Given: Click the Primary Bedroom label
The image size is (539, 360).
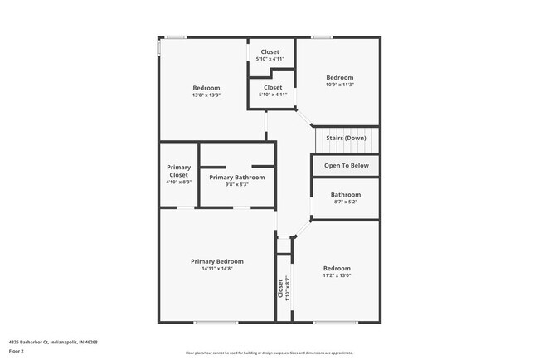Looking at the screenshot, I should point(216,261).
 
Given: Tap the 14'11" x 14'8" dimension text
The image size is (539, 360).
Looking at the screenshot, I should point(216,269).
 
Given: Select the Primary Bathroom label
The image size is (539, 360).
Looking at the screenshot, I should point(237,177).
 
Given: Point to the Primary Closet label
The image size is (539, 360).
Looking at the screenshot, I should point(179,171).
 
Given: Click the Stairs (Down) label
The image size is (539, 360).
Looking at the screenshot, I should point(346,138).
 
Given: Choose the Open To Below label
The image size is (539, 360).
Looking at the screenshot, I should point(346,166).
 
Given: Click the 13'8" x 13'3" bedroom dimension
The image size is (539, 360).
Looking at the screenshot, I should point(206,95).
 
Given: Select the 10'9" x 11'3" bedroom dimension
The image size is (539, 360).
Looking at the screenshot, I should point(339,85).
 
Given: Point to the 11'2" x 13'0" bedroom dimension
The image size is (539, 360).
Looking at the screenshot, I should point(337,275).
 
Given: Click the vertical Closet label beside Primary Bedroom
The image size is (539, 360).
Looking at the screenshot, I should point(280,287).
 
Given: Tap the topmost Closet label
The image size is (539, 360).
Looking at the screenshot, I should point(270,51).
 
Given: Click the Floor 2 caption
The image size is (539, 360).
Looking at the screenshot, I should point(17,351).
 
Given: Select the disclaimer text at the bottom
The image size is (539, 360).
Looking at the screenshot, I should point(269,353).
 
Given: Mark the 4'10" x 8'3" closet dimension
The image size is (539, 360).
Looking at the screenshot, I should point(179,182).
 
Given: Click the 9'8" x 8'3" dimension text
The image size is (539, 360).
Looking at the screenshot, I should point(237,184).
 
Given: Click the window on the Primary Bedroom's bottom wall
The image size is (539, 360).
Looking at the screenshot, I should point(216,322).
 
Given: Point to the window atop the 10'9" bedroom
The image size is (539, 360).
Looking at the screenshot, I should point(323,36).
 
